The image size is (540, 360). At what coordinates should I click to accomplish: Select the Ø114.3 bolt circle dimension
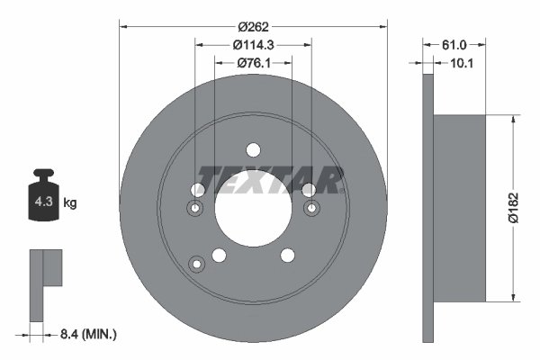(x=253, y=44)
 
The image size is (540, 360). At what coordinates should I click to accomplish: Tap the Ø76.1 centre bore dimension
(x=253, y=63)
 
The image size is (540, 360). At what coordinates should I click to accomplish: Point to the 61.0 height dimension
(x=454, y=43)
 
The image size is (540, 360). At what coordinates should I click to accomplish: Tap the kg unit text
(x=70, y=203)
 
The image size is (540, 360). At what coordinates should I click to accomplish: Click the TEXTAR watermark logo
(x=269, y=180)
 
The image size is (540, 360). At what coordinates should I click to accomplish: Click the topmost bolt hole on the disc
(x=253, y=149)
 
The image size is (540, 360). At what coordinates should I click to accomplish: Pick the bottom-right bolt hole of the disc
(x=287, y=256)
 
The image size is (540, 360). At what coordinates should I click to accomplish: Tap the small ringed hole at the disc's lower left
(x=196, y=264)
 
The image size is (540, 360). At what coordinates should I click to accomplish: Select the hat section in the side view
(x=459, y=208)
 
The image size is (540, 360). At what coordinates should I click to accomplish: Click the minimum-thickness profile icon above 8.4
(x=45, y=283)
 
